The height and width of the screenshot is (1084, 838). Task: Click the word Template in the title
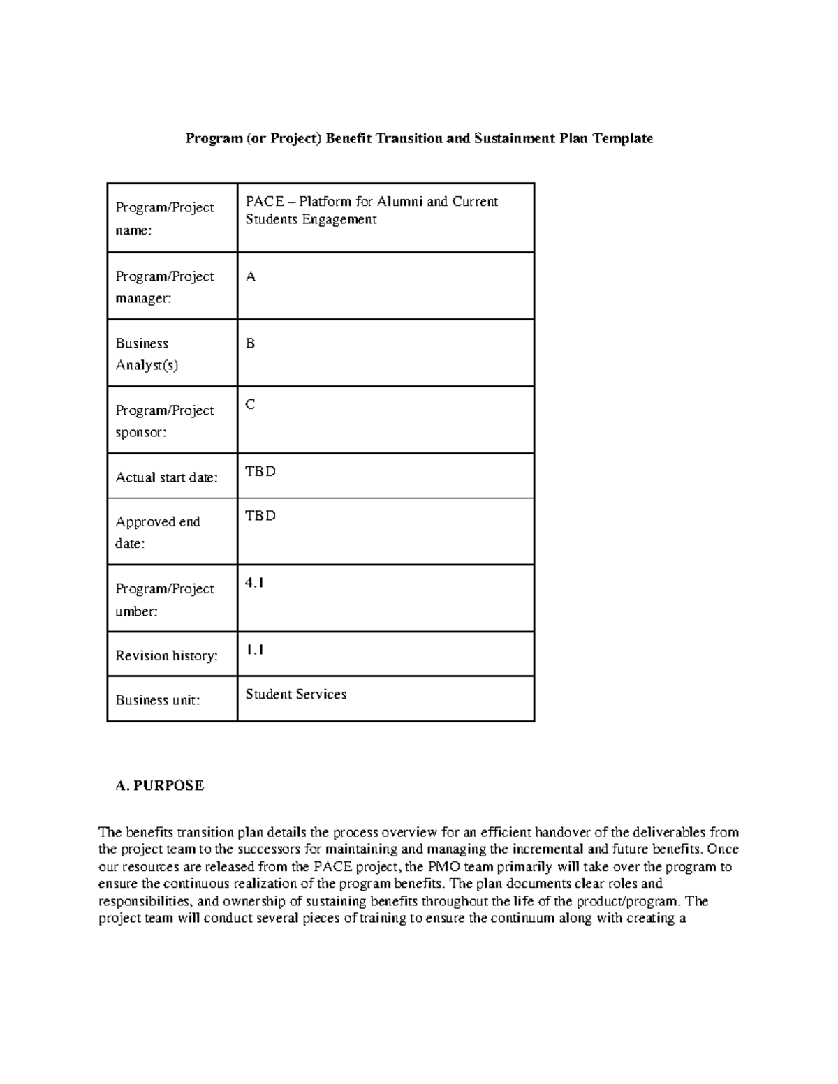(x=623, y=138)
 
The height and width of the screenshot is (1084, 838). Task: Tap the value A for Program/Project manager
(x=251, y=277)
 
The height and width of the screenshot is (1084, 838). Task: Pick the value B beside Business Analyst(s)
(x=251, y=343)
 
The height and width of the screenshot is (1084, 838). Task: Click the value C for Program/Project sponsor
(x=251, y=405)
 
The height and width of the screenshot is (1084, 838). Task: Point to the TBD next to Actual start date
(x=260, y=471)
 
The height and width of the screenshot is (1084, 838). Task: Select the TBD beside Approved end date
(x=260, y=516)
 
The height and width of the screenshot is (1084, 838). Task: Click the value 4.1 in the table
(x=254, y=583)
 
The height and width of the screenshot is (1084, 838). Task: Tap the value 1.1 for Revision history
(x=254, y=650)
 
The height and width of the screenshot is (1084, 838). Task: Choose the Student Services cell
(x=296, y=695)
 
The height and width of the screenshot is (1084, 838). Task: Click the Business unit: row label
(x=158, y=700)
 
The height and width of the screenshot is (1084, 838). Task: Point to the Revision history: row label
(x=166, y=655)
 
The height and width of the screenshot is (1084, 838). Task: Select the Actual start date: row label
(x=166, y=477)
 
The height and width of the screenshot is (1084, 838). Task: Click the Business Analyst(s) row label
(x=147, y=354)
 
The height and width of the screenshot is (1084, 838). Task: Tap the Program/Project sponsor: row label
(x=165, y=421)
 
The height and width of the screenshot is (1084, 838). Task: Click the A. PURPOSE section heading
(x=160, y=786)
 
